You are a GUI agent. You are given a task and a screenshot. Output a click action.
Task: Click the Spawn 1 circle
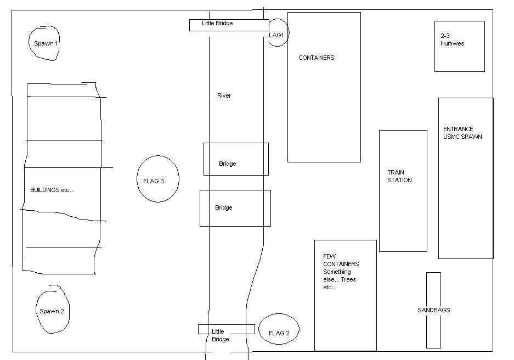tap(44, 42)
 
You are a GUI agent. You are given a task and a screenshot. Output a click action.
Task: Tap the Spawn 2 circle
tap(52, 311)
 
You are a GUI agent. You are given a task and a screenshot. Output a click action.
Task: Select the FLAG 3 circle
tap(157, 179)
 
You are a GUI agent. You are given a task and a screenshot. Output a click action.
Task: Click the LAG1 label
tap(276, 35)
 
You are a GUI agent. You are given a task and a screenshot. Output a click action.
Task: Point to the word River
tap(224, 95)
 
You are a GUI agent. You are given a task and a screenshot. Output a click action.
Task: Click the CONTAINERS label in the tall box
tap(316, 58)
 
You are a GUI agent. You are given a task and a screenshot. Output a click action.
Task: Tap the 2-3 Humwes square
tap(459, 46)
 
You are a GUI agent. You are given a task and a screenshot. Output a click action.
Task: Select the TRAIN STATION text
tap(399, 176)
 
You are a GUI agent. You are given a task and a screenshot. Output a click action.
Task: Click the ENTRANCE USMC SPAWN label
tap(462, 133)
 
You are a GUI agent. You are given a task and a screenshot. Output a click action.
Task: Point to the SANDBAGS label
tap(433, 310)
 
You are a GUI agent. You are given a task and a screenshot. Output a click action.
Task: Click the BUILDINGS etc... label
tap(52, 190)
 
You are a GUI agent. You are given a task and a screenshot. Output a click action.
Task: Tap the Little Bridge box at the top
tap(229, 25)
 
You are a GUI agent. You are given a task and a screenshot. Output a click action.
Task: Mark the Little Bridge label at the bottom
tap(220, 335)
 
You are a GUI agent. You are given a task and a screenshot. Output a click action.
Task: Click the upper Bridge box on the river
tap(236, 159)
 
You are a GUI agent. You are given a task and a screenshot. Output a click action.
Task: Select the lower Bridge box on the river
tap(235, 207)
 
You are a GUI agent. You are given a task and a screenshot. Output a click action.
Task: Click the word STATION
tap(399, 180)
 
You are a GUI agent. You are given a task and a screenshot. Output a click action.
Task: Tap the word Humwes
tap(452, 43)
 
